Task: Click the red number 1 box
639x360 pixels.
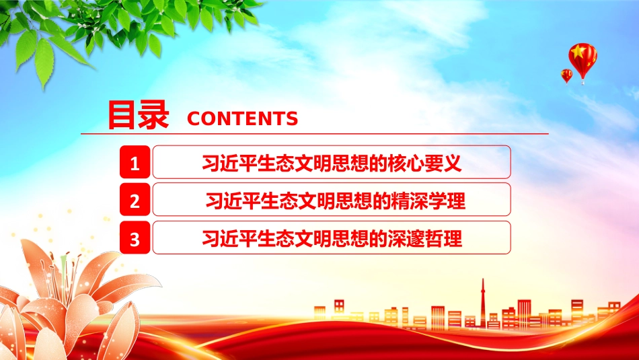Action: [135, 162]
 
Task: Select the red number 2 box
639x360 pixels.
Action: [135, 199]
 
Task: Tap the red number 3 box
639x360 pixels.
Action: [135, 238]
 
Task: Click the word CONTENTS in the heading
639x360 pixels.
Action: [242, 118]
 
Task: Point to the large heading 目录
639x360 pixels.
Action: [138, 115]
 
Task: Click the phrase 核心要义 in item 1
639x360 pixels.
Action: [424, 163]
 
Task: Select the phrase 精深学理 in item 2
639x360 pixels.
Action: [428, 201]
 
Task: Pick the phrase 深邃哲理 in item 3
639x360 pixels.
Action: [425, 238]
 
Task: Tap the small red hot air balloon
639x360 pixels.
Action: [566, 76]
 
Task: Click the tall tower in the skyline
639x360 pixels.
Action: [483, 303]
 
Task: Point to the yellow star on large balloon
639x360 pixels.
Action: [578, 52]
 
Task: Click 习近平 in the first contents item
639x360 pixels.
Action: [230, 163]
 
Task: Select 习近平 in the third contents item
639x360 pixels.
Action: [230, 238]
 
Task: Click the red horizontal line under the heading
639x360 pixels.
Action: [315, 133]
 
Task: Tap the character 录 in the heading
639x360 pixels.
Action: [153, 115]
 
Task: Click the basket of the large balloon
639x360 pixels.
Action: [583, 82]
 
